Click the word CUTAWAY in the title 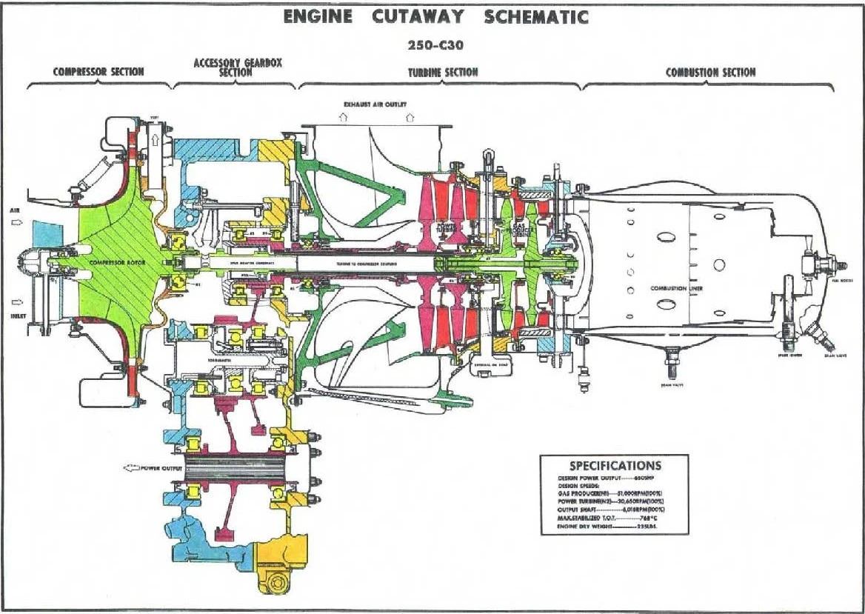coord(418,17)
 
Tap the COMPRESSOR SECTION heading coord(98,72)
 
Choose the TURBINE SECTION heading coord(443,72)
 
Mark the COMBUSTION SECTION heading coord(710,72)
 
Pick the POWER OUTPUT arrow coord(131,469)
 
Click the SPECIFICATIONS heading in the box coord(615,466)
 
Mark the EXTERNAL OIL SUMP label coord(491,364)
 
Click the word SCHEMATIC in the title coord(537,17)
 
